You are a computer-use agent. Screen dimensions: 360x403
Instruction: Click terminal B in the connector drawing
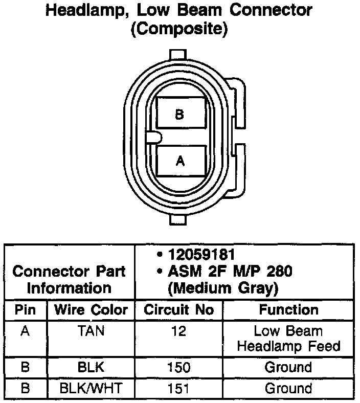[x=179, y=114]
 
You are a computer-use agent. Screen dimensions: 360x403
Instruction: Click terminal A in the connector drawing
[x=179, y=161]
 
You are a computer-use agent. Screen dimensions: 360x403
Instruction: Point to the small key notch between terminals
[x=154, y=137]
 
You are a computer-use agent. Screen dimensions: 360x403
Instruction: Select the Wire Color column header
[x=91, y=310]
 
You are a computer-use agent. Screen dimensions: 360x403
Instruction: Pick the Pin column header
[x=25, y=310]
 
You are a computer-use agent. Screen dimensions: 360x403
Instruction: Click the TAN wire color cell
[x=91, y=331]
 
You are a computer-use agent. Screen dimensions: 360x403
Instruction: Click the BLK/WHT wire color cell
[x=91, y=388]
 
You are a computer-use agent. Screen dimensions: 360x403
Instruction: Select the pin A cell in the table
[x=25, y=331]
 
